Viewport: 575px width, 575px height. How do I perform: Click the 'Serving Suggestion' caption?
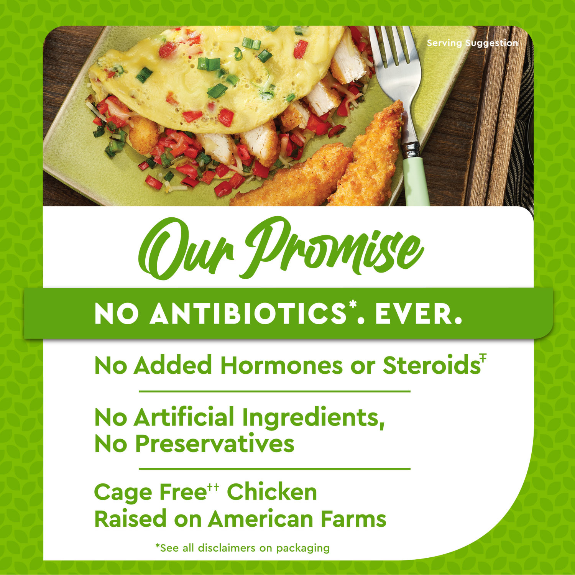472,43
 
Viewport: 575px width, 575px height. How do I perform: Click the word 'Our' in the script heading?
186,250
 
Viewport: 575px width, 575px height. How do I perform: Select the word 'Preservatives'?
215,444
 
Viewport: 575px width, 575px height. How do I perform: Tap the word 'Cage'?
123,493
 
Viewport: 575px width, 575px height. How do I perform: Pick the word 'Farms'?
353,519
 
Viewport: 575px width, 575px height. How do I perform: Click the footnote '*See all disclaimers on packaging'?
242,548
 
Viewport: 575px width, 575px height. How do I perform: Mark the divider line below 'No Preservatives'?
274,468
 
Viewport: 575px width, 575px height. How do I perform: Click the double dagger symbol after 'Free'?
213,487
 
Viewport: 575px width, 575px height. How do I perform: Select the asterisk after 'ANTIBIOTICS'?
352,305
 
